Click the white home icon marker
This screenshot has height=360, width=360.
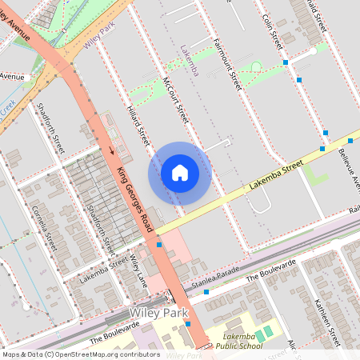pos(180,173)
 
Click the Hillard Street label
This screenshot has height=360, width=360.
pos(139,124)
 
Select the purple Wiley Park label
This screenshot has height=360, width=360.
pos(98,35)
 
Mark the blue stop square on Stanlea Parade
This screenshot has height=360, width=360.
pos(206,292)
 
